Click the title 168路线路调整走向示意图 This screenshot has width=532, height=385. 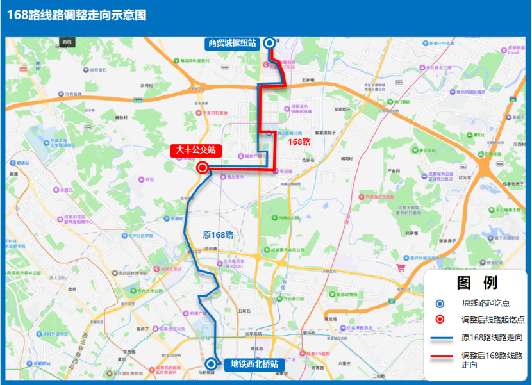[77, 15]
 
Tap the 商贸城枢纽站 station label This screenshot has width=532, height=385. [232, 44]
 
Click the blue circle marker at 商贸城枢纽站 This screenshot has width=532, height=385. [269, 43]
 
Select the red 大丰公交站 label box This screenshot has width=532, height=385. [195, 151]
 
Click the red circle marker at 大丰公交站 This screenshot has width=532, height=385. [203, 168]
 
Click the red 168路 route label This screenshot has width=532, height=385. [299, 142]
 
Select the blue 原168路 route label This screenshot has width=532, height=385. [218, 235]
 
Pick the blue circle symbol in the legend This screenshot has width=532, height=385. [440, 304]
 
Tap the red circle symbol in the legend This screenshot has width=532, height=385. [440, 319]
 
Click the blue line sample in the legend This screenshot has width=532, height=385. [440, 338]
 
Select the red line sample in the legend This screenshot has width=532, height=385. [440, 356]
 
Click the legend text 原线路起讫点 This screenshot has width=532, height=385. [485, 304]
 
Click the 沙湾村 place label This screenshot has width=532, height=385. [148, 85]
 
